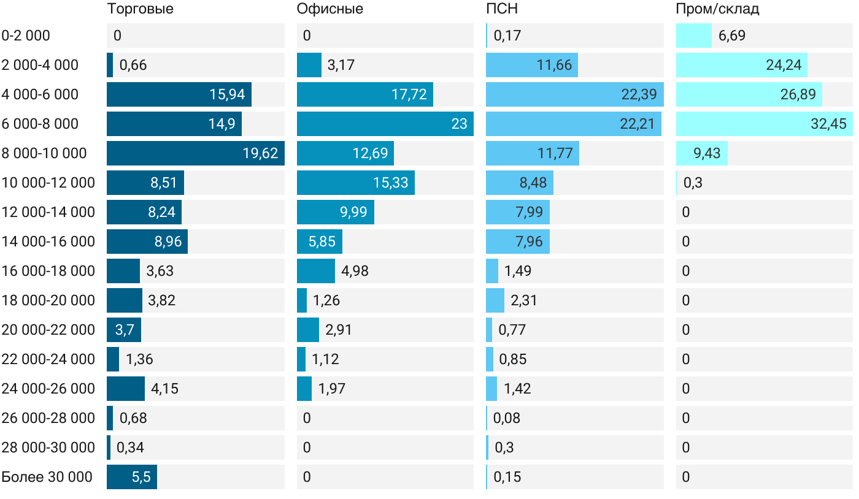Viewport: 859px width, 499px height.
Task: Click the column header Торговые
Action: click(x=140, y=9)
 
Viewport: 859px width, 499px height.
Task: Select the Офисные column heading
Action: click(x=329, y=9)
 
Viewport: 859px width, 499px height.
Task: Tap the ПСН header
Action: click(x=497, y=9)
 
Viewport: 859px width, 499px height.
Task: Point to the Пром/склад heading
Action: click(x=717, y=9)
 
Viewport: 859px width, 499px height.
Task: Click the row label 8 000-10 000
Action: click(x=44, y=153)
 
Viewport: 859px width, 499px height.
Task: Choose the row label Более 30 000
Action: click(x=47, y=477)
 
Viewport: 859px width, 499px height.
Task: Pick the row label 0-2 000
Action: click(x=26, y=36)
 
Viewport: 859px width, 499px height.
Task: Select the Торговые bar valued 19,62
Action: click(x=195, y=153)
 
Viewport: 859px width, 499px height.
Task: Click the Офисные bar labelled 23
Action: click(x=385, y=124)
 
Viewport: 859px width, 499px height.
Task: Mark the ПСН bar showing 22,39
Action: click(x=574, y=94)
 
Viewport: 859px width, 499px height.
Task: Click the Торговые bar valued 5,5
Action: click(x=131, y=477)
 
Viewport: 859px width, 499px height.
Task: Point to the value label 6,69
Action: click(x=732, y=36)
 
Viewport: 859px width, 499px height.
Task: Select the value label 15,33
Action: click(x=391, y=183)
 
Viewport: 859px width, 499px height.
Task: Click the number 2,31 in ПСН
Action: click(x=524, y=300)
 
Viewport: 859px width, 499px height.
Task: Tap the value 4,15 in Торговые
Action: click(x=164, y=389)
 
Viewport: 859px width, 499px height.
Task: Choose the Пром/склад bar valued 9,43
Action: click(x=701, y=153)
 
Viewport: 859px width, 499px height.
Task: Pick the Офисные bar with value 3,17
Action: click(x=309, y=65)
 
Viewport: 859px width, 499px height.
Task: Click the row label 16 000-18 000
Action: click(x=48, y=271)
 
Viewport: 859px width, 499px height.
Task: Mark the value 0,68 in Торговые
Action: click(x=133, y=418)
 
